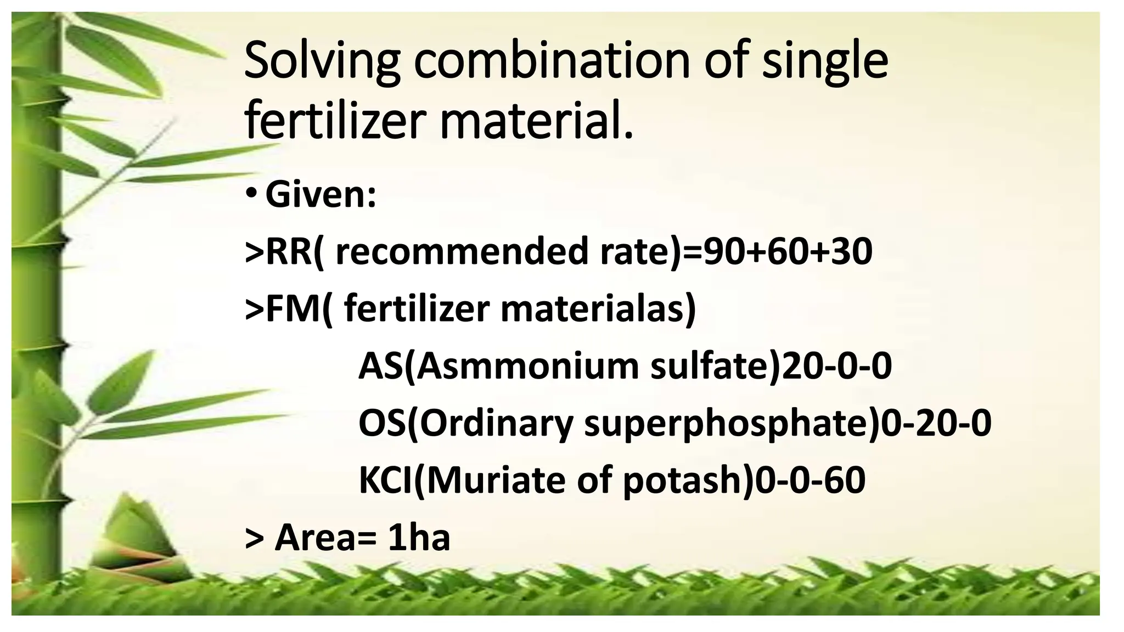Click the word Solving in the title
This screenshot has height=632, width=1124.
322,61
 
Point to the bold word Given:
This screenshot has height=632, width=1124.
321,195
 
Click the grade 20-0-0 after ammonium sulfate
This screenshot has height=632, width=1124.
836,366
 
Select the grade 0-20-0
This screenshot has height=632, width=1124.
936,424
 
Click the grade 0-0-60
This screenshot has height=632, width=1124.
810,481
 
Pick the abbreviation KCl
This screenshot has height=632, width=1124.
385,481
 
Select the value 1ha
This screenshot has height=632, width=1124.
419,538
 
